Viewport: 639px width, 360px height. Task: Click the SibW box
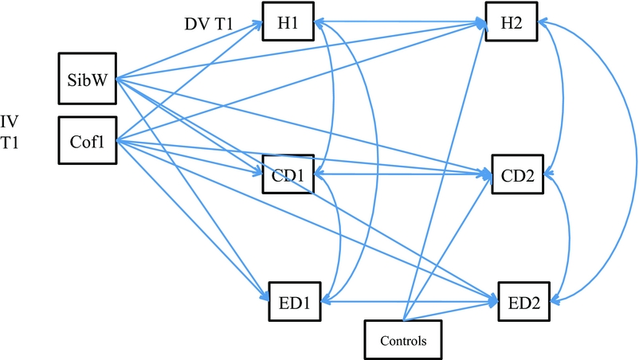[x=88, y=77]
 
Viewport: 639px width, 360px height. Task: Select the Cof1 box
[x=88, y=142]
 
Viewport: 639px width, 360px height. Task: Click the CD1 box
[x=288, y=174]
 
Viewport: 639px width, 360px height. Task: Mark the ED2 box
[x=523, y=302]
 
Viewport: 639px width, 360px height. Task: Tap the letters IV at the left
[x=10, y=122]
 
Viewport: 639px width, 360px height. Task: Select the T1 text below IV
[x=11, y=146]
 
